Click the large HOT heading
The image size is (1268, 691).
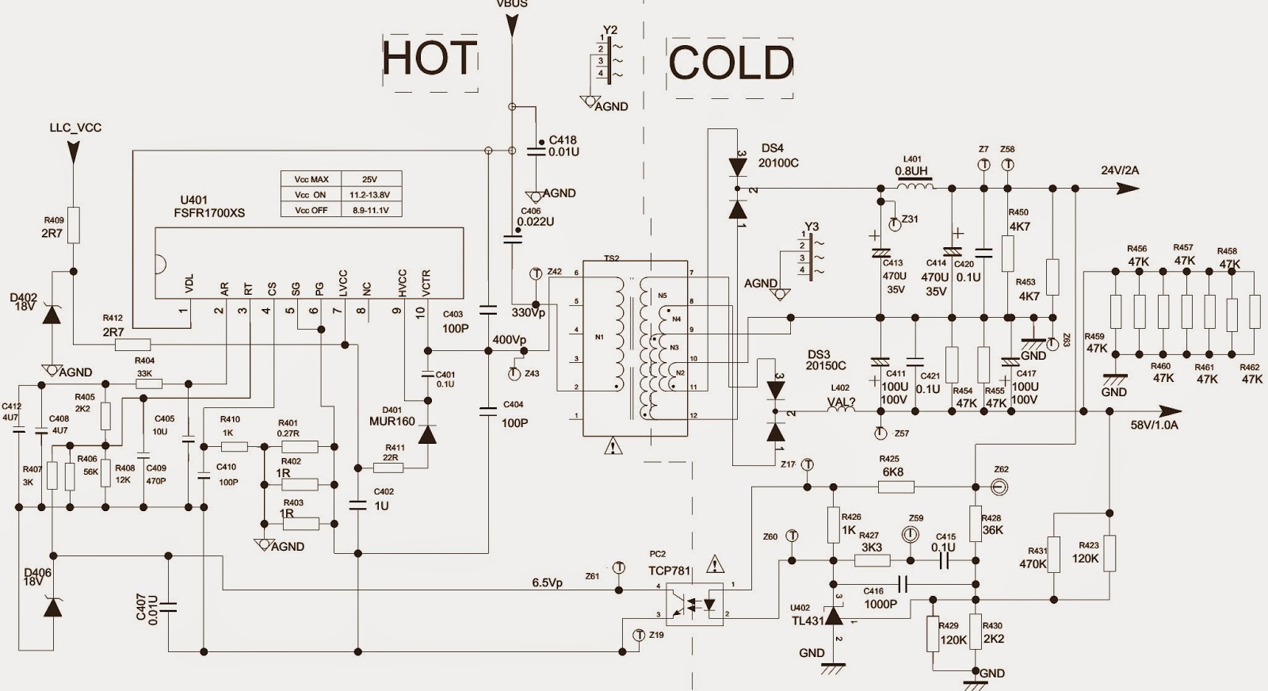430,58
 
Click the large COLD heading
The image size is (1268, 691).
731,63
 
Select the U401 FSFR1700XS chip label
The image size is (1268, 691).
212,207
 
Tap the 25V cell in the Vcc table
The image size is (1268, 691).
370,180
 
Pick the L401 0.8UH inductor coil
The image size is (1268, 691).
915,187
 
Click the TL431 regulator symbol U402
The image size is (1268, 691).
833,615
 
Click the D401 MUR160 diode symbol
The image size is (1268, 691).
427,434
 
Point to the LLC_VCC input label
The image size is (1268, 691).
75,128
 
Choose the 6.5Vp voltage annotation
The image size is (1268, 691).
547,582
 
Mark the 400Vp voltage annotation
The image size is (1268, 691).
509,340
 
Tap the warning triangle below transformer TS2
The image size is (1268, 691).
613,447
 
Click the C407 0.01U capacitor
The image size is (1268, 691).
168,608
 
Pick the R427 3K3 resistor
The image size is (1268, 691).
873,560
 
